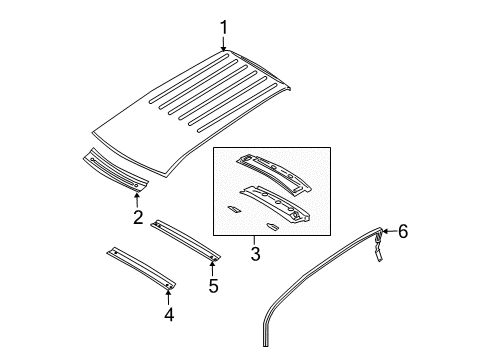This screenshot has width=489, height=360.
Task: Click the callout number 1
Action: tap(225, 27)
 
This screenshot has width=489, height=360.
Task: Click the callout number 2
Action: tap(138, 217)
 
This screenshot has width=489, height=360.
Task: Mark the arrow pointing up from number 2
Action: tap(138, 200)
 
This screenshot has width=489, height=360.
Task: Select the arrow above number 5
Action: tap(212, 268)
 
